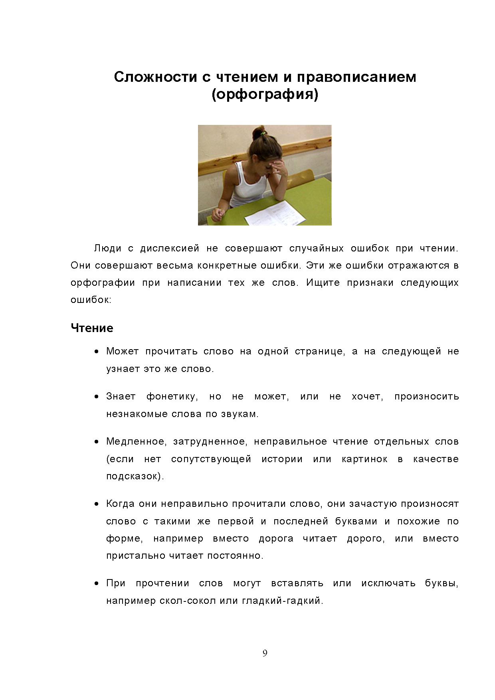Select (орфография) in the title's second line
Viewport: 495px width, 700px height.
tap(265, 95)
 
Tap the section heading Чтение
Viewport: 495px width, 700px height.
tap(92, 328)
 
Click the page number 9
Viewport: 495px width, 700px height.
tap(265, 653)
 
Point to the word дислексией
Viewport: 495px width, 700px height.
tap(169, 248)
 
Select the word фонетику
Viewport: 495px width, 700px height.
tap(172, 396)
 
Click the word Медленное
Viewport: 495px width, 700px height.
tap(136, 441)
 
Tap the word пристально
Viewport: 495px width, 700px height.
tap(135, 556)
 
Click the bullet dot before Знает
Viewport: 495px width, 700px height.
tap(97, 397)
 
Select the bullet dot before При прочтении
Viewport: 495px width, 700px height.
tap(97, 583)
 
